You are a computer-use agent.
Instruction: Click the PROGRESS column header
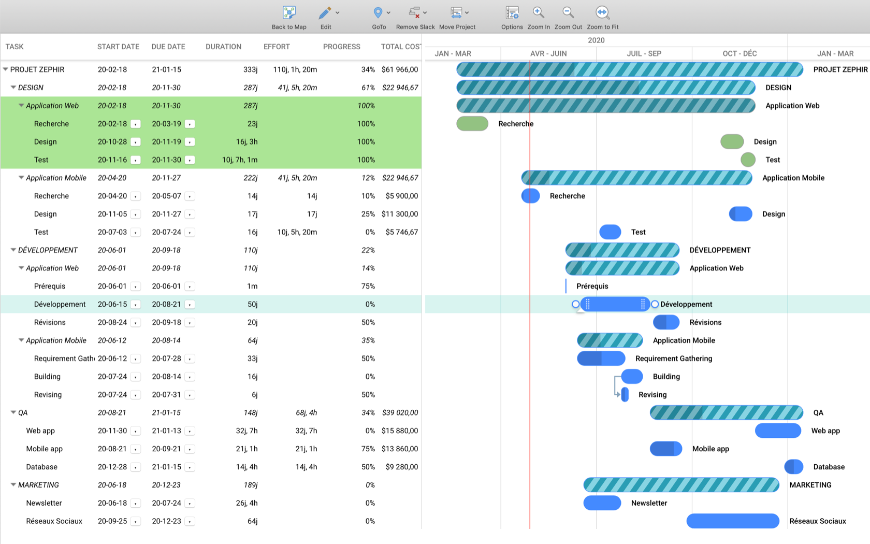point(341,47)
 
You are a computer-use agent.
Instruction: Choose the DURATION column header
point(223,47)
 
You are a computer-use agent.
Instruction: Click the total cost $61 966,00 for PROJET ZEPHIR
point(399,69)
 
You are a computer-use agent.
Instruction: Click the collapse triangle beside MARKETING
point(13,485)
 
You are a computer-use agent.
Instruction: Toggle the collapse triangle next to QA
point(13,412)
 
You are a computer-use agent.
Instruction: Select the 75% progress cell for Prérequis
point(368,286)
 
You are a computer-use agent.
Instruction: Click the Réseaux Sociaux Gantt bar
point(732,521)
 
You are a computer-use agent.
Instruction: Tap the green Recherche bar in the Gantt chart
point(472,124)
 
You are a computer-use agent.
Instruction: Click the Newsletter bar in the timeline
point(602,503)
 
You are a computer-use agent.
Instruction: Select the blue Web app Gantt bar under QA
point(778,431)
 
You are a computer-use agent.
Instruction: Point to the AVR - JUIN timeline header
point(548,53)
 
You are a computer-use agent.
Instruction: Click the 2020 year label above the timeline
point(596,40)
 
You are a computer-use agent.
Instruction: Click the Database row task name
point(42,467)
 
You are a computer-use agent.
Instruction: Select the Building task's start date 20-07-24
point(112,377)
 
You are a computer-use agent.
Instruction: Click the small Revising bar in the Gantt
point(625,394)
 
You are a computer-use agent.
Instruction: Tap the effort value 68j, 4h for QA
point(306,412)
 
